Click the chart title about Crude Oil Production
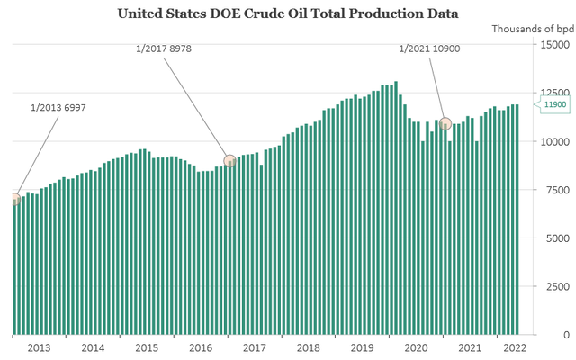[288, 13]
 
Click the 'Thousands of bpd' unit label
[534, 29]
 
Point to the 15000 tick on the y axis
[554, 45]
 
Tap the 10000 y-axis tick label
[554, 142]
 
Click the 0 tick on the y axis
[566, 335]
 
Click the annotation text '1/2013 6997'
[58, 108]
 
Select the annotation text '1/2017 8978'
[164, 49]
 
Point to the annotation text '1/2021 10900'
[429, 49]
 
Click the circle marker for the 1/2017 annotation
[230, 160]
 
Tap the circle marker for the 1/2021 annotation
[445, 124]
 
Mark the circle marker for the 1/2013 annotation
[14, 199]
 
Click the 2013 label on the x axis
[39, 347]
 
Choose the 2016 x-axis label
[201, 347]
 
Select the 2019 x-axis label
[362, 347]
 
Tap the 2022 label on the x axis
[515, 347]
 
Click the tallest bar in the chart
[396, 208]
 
